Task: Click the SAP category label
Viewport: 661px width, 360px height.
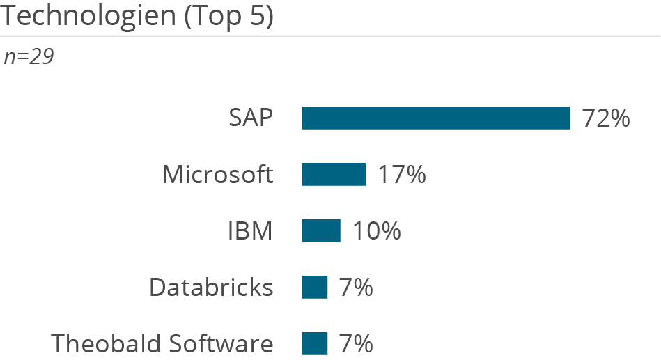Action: [x=251, y=118]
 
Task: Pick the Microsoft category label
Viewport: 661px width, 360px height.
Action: [x=217, y=175]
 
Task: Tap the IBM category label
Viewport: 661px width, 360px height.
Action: [x=250, y=231]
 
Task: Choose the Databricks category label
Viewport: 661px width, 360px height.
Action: [x=211, y=288]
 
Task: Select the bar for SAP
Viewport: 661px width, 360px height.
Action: [x=435, y=118]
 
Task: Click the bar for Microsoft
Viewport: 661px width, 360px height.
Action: [x=334, y=175]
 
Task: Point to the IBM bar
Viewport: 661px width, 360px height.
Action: [x=320, y=231]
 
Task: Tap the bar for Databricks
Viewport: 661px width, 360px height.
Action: [x=314, y=288]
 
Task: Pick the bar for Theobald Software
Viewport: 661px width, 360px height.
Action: [x=314, y=344]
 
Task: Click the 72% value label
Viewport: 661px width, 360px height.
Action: [x=606, y=118]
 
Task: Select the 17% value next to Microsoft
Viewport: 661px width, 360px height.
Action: [x=402, y=175]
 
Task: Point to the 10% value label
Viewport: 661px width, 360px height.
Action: [x=376, y=231]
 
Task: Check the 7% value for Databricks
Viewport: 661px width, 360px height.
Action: [x=356, y=288]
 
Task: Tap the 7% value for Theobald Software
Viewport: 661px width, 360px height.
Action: [x=356, y=344]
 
